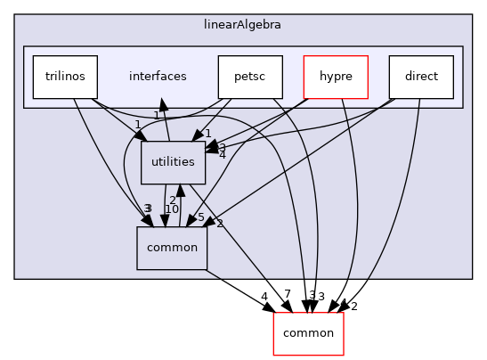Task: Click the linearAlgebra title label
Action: click(242, 22)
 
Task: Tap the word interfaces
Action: click(157, 77)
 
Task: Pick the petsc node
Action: click(250, 77)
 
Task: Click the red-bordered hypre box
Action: click(336, 77)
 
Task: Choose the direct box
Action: click(421, 77)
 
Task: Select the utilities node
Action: click(167, 162)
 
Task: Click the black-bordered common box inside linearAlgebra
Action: click(171, 249)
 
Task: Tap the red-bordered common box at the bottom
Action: click(308, 333)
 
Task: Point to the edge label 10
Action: click(172, 209)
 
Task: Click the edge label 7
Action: click(287, 295)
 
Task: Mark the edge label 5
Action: click(201, 217)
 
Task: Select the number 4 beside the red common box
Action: click(264, 297)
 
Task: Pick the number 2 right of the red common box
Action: click(353, 307)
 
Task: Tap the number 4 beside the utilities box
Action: click(222, 156)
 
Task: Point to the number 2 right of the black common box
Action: click(219, 223)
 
